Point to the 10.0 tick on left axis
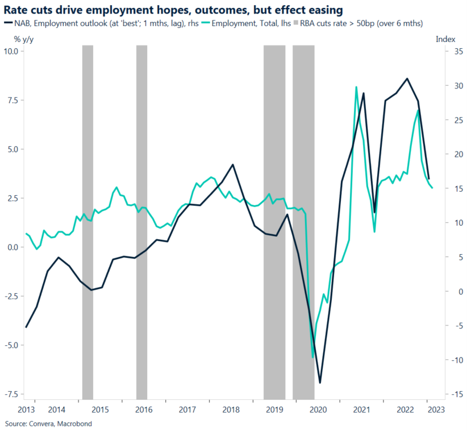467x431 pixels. (11, 52)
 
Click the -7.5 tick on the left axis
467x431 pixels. (11, 394)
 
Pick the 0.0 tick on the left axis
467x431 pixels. (12, 247)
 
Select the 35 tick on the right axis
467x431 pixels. (442, 52)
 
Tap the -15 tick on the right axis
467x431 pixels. (441, 394)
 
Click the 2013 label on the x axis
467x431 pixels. (26, 409)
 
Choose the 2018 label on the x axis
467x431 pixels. (230, 409)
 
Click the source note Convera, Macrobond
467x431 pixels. (48, 424)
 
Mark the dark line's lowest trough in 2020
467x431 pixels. (320, 383)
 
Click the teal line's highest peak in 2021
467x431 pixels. (356, 87)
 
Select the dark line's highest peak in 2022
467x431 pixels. (407, 78)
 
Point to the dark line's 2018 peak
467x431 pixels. (232, 164)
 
